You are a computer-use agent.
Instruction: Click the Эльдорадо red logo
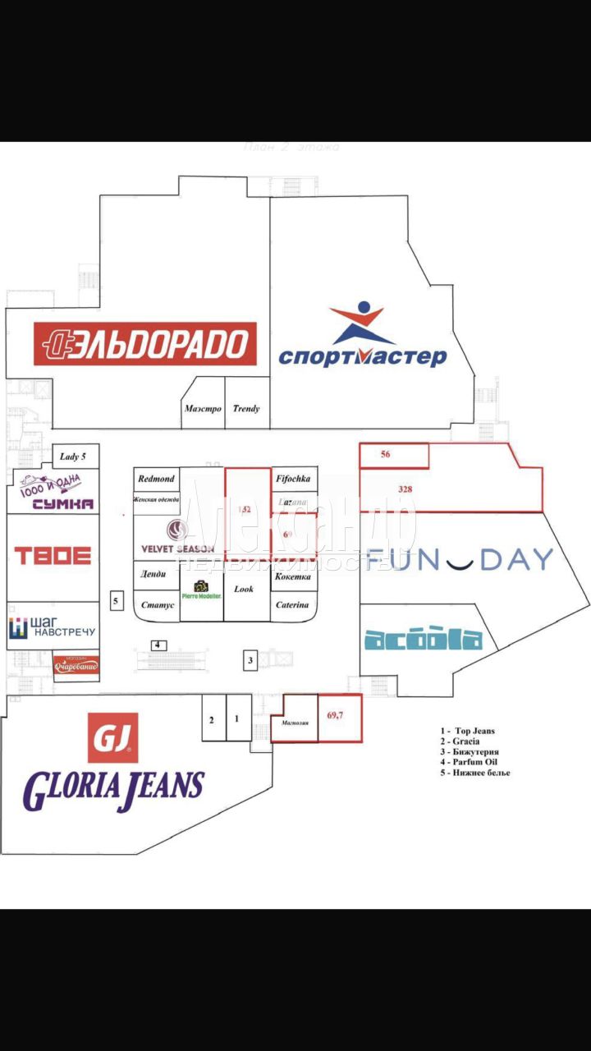click(x=144, y=343)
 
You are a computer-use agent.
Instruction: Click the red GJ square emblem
click(x=112, y=737)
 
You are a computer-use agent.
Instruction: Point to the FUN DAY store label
click(x=460, y=559)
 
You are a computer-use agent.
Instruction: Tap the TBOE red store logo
click(x=52, y=556)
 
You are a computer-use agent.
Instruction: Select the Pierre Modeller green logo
click(x=201, y=590)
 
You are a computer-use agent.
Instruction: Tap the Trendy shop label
click(x=246, y=408)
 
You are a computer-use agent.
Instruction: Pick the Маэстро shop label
click(x=203, y=408)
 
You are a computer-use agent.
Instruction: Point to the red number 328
click(x=405, y=489)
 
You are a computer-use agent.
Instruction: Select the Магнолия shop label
click(x=294, y=724)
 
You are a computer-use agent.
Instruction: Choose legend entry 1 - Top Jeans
click(x=469, y=730)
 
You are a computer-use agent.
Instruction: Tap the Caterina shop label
click(x=293, y=605)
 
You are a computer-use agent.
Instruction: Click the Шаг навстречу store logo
click(x=52, y=629)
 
